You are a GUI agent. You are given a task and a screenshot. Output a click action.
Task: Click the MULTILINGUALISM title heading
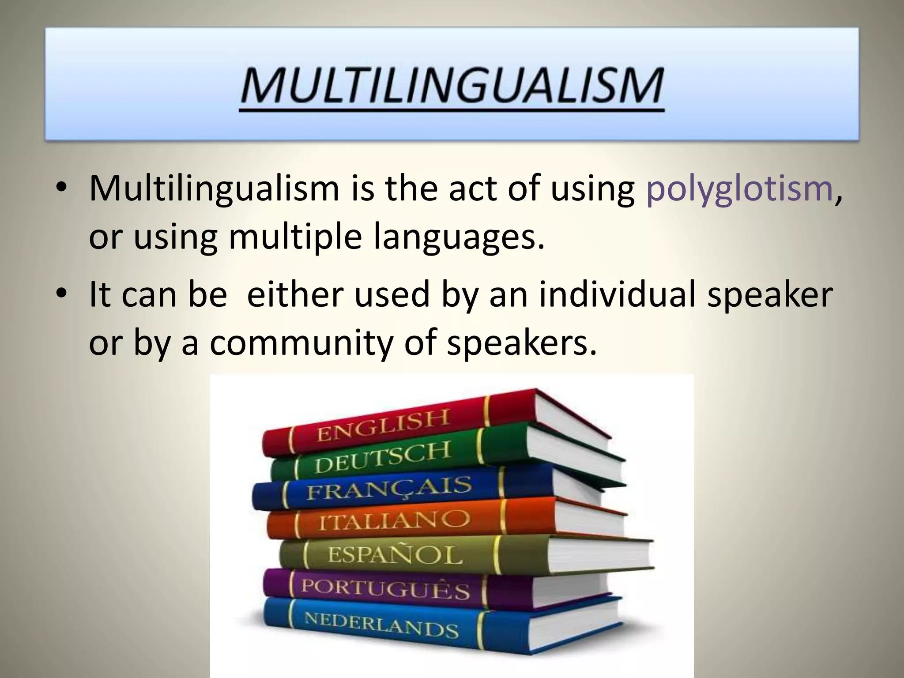tap(452, 86)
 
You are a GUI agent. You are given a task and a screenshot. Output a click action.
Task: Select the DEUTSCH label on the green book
tap(382, 457)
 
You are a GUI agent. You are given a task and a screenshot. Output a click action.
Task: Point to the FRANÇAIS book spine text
tap(389, 487)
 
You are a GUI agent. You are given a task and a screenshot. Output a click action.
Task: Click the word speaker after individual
tap(770, 295)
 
